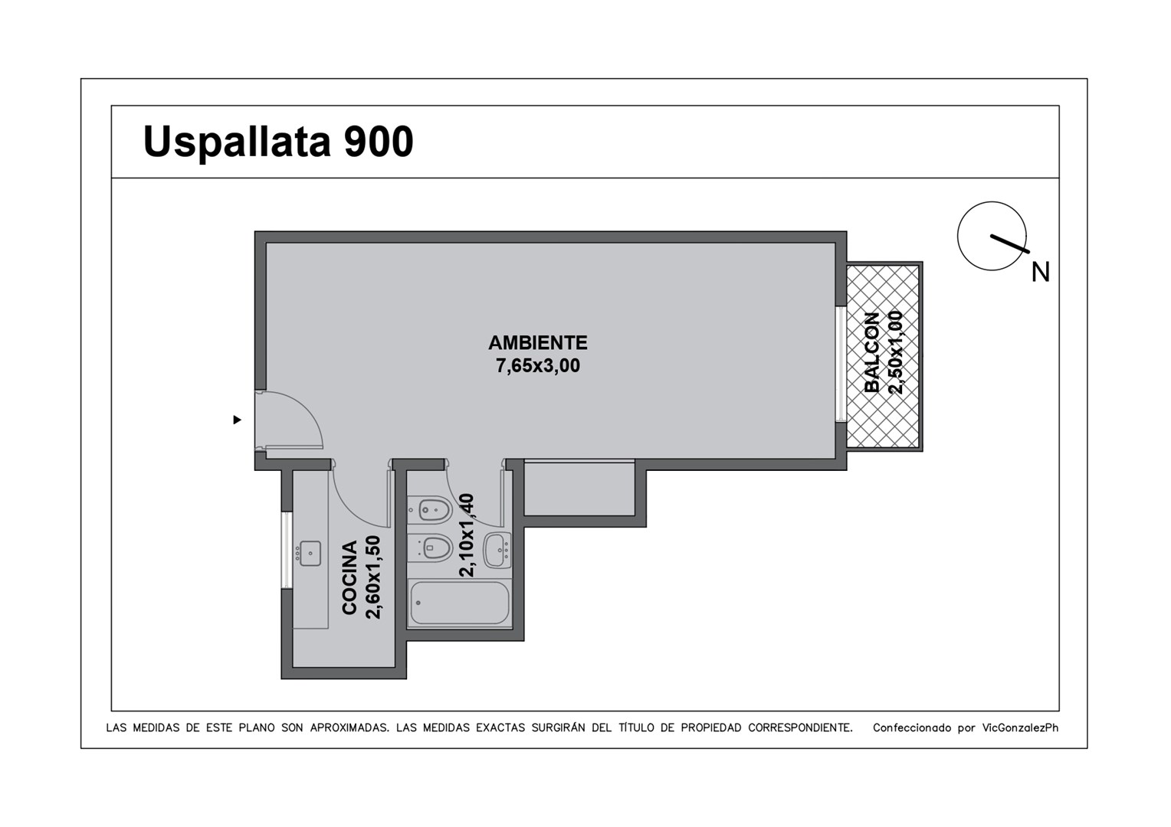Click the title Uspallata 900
[x=278, y=142]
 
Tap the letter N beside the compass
[x=1040, y=272]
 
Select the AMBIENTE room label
[x=538, y=343]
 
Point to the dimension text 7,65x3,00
[x=538, y=366]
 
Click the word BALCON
[x=872, y=352]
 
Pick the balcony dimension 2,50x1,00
[x=896, y=352]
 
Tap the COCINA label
[x=349, y=577]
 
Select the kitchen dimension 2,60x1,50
[x=373, y=577]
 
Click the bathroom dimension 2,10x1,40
[x=466, y=535]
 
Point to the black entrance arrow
[x=238, y=420]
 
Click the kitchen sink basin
[x=310, y=554]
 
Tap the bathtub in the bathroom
[x=460, y=603]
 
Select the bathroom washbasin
[x=497, y=550]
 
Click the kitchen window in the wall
[x=287, y=550]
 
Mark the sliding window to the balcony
[x=841, y=364]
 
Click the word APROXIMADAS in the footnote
[x=349, y=727]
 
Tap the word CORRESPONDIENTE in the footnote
[x=799, y=727]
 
